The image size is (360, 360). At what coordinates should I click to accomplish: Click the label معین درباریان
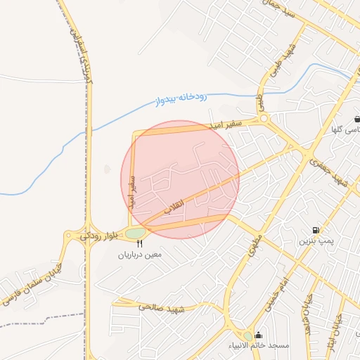tap(139, 254)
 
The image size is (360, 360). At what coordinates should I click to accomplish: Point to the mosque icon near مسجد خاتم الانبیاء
tap(259, 335)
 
